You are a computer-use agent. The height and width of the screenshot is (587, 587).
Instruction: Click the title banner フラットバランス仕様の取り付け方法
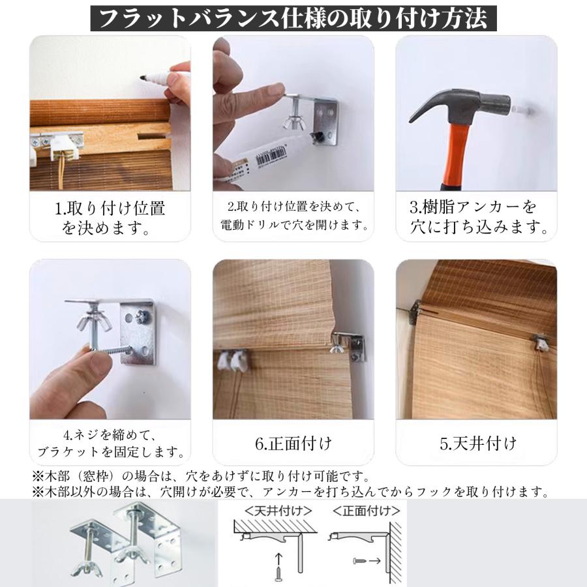[293, 18]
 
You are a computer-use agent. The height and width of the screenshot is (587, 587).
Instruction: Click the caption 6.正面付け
[293, 444]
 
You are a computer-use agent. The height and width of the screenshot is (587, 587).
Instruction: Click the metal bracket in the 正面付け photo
[353, 346]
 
